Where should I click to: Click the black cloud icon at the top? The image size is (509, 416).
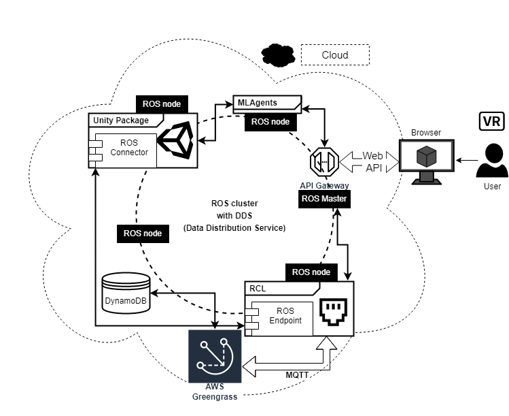pos(276,54)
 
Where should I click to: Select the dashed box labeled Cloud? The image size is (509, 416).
pos(335,54)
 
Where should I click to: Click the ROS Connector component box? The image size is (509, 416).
pos(125,148)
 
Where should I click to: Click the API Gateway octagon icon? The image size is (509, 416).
pos(324,162)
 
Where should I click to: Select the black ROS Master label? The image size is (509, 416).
pos(325,199)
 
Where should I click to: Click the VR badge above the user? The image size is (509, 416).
pos(491,121)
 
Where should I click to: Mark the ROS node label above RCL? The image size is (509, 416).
pos(311,272)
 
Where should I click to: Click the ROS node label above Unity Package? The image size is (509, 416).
pos(162,104)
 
